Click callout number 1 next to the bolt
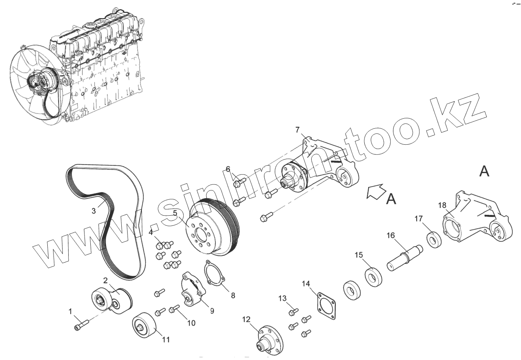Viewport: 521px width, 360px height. [x=71, y=311]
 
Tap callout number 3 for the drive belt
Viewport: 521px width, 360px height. [x=94, y=211]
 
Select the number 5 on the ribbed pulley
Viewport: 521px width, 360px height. [x=175, y=213]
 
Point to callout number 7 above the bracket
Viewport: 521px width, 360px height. [x=297, y=130]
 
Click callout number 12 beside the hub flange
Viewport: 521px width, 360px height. [x=247, y=320]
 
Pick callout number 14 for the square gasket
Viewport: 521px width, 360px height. [x=306, y=284]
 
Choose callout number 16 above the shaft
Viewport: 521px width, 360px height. [x=390, y=235]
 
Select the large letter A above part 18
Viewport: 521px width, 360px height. [x=484, y=171]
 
